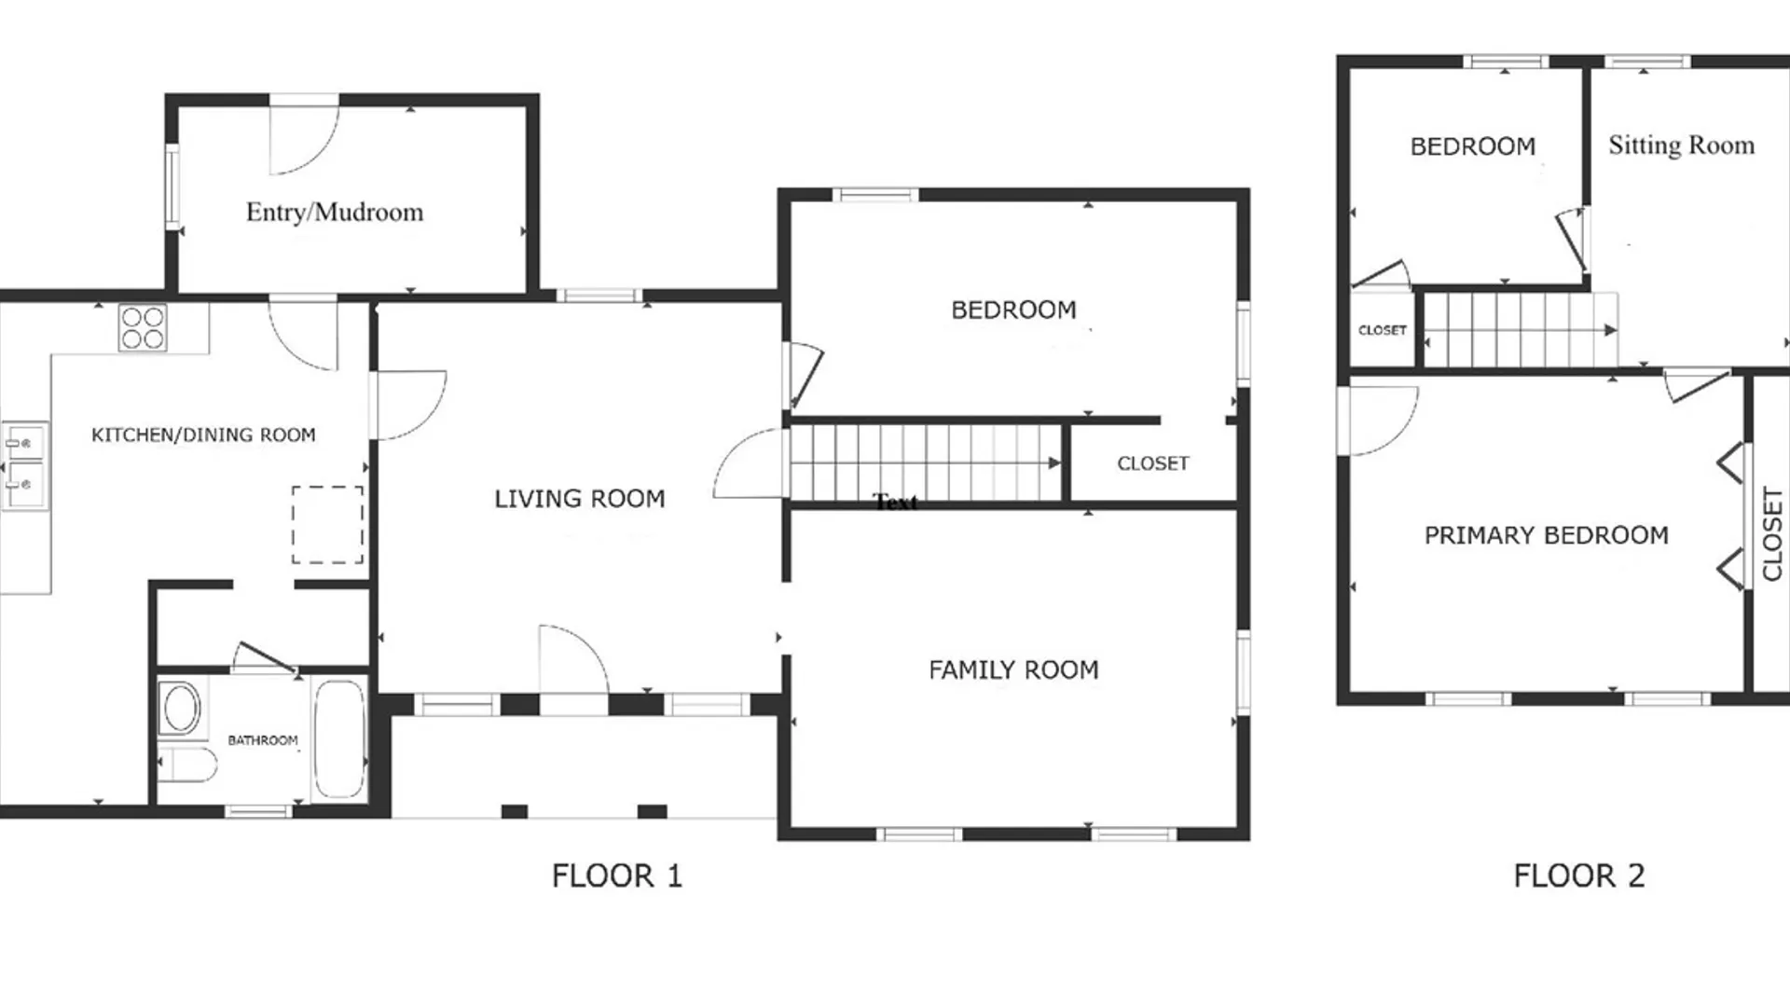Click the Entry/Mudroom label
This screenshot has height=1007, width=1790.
coord(335,213)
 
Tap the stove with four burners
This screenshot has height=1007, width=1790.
coord(143,328)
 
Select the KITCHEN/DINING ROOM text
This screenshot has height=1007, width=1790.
coord(203,435)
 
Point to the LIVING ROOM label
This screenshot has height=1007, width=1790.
coord(580,499)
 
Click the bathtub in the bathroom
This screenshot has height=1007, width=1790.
coord(338,739)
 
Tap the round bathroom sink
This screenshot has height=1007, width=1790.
coord(182,709)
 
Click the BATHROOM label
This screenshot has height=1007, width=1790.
coord(263,740)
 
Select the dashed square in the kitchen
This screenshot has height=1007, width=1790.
coord(327,525)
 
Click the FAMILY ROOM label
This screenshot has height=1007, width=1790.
coord(1013,670)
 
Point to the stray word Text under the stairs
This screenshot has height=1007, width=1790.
coord(896,504)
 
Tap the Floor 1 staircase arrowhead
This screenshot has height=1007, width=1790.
coord(1054,462)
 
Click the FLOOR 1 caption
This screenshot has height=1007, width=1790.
coord(617,876)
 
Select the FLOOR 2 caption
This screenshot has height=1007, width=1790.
coord(1579,876)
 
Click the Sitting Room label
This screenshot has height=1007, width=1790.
coord(1682,145)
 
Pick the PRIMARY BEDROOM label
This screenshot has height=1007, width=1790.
coord(1547,535)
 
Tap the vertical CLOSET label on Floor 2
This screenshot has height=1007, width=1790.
coord(1772,534)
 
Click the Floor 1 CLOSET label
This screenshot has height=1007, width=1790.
coord(1153,463)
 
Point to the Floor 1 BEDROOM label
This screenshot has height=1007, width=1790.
coord(1013,310)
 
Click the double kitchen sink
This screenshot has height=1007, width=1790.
coord(25,465)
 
